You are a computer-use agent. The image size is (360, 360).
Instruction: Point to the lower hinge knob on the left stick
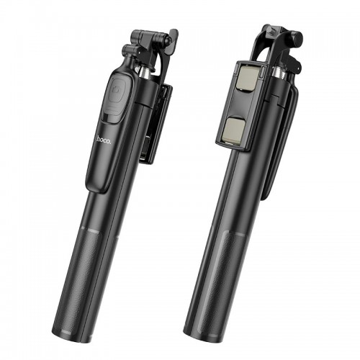(130, 51)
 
